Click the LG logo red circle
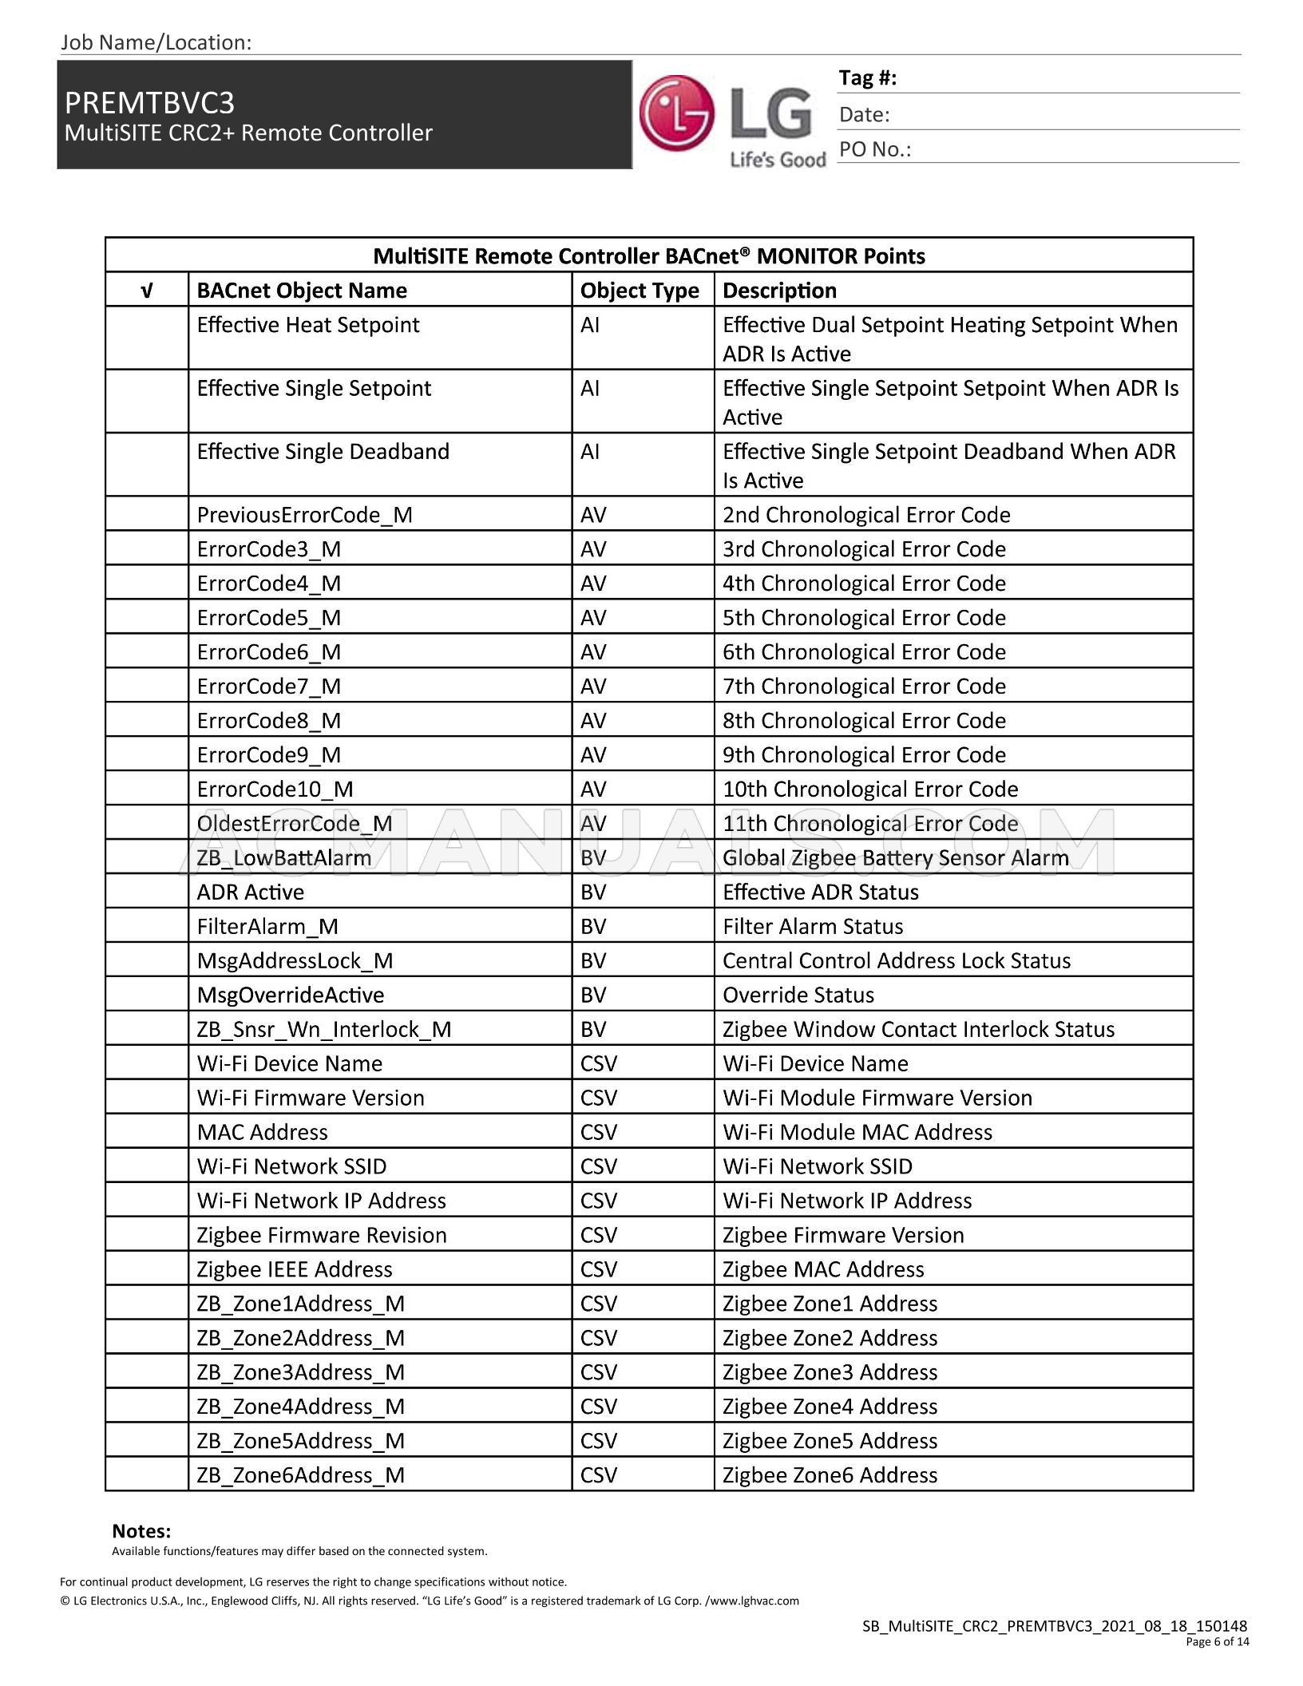[x=676, y=113]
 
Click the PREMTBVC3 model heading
[x=149, y=103]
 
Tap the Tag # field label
[x=867, y=78]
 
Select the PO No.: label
[x=874, y=150]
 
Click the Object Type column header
[x=640, y=291]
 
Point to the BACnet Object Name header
[x=302, y=291]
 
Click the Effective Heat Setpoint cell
[x=308, y=325]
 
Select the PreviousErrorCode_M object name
[x=304, y=515]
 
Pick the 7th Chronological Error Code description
[x=864, y=687]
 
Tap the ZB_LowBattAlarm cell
[x=284, y=858]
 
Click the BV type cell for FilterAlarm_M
[x=593, y=927]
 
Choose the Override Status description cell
[x=798, y=995]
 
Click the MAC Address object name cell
[x=262, y=1133]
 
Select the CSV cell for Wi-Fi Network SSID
[x=599, y=1167]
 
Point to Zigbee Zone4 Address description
[x=830, y=1407]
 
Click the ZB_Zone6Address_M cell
[x=300, y=1476]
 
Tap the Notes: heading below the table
[x=141, y=1531]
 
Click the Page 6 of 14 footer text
[x=1217, y=1642]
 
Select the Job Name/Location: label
[x=156, y=42]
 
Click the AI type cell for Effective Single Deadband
[x=589, y=452]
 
